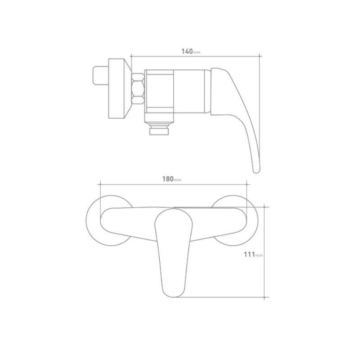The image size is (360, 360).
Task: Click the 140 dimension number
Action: [x=187, y=51]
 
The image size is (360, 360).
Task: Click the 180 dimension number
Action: [x=168, y=179]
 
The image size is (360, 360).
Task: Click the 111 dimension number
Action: [x=249, y=254]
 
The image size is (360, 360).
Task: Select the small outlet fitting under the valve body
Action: [x=159, y=129]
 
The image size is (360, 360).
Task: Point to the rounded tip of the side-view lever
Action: [x=256, y=171]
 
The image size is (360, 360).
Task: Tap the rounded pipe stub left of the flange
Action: [x=100, y=76]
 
